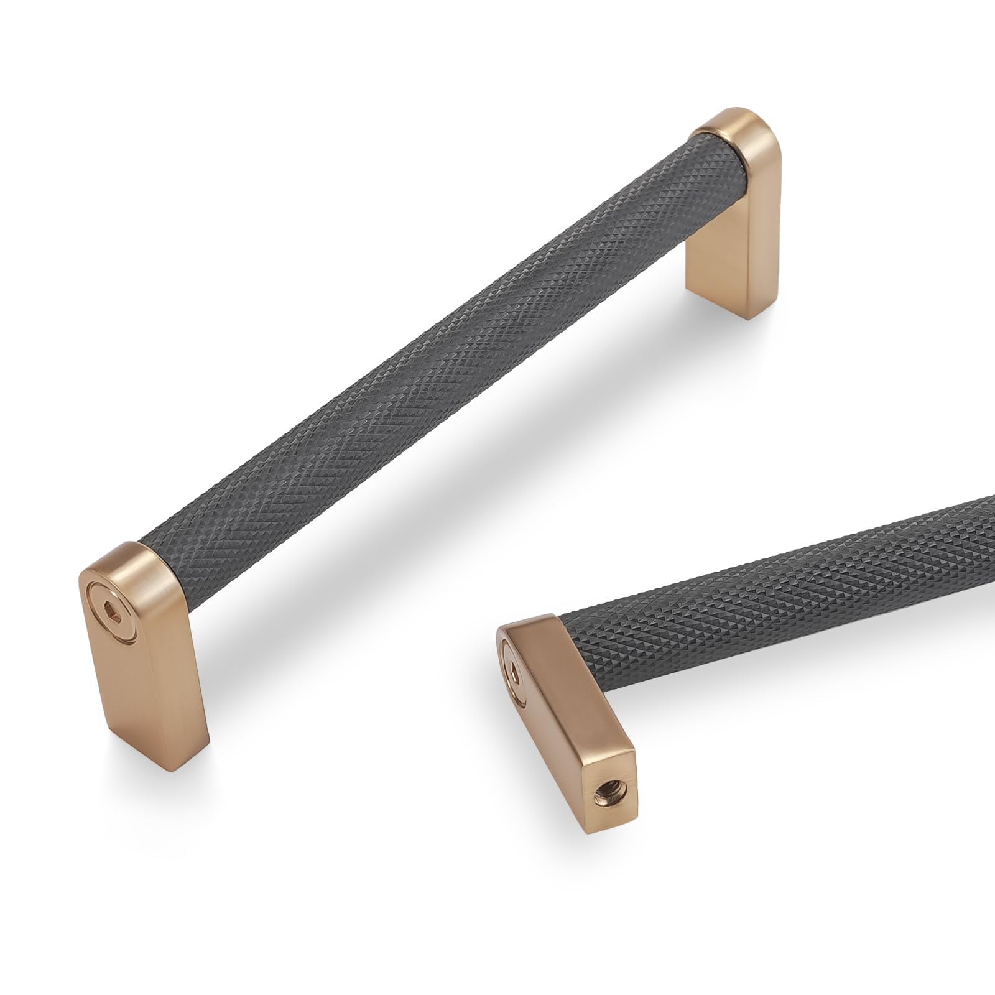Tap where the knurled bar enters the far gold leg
[696, 149]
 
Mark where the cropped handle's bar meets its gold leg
[563, 628]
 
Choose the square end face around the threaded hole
[606, 790]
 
